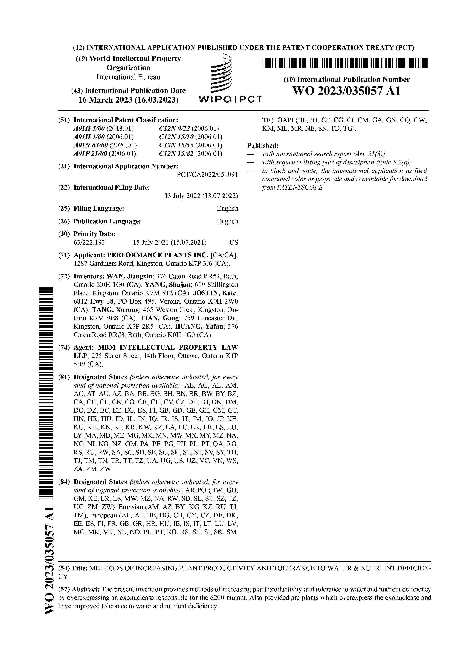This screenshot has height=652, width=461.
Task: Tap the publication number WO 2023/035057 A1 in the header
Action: pos(346,91)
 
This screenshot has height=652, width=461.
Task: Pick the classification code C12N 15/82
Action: pos(176,154)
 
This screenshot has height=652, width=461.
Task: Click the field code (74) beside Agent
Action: pos(64,348)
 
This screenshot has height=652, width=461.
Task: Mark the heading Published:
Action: pos(262,146)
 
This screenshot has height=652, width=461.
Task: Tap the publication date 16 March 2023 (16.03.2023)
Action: pos(128,100)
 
